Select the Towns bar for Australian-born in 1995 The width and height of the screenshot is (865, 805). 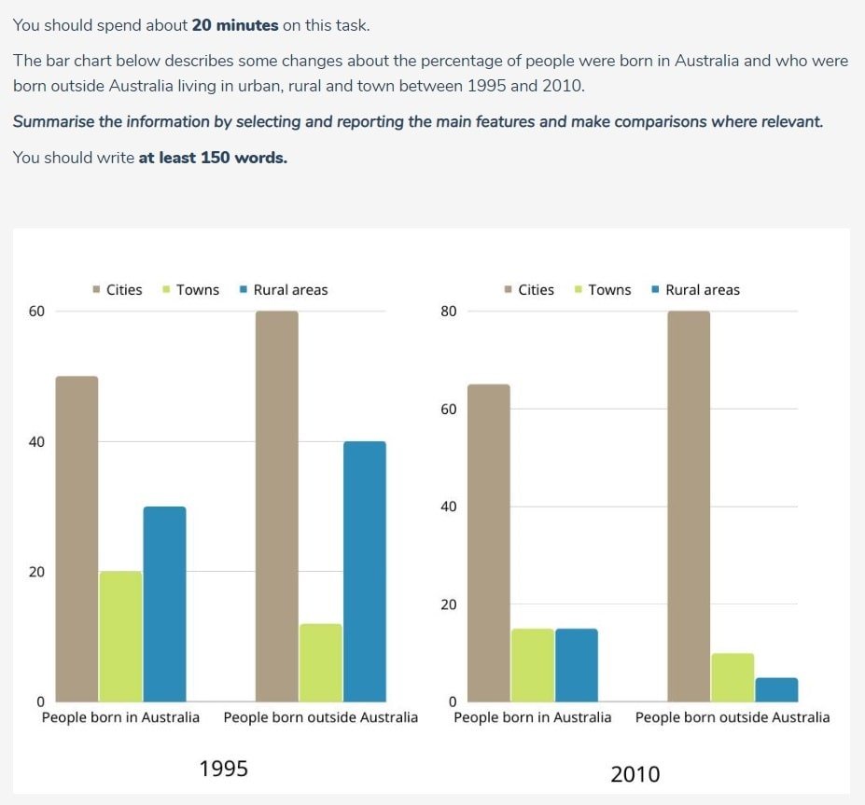(x=120, y=636)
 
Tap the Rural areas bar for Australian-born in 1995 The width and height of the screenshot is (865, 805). (x=164, y=604)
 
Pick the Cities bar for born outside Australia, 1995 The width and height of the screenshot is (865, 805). (x=276, y=507)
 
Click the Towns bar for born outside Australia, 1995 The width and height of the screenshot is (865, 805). (x=320, y=662)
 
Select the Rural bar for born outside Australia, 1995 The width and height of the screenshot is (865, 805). (x=364, y=571)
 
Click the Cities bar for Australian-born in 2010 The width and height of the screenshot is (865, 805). (x=488, y=543)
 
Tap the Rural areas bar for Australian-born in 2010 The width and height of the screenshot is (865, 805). (x=576, y=665)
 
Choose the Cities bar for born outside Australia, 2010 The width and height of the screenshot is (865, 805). (x=689, y=507)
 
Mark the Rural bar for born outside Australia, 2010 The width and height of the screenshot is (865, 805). (x=776, y=689)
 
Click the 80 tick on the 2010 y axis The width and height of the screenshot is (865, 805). (x=449, y=312)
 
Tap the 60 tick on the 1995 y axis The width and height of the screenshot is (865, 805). (x=37, y=312)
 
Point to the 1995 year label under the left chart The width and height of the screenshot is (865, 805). (x=224, y=769)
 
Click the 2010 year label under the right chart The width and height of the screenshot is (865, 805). (x=635, y=774)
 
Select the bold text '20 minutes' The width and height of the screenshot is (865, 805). (x=234, y=25)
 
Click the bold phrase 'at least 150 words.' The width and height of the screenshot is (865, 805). (x=213, y=158)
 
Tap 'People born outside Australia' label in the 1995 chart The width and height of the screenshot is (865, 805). (x=320, y=717)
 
